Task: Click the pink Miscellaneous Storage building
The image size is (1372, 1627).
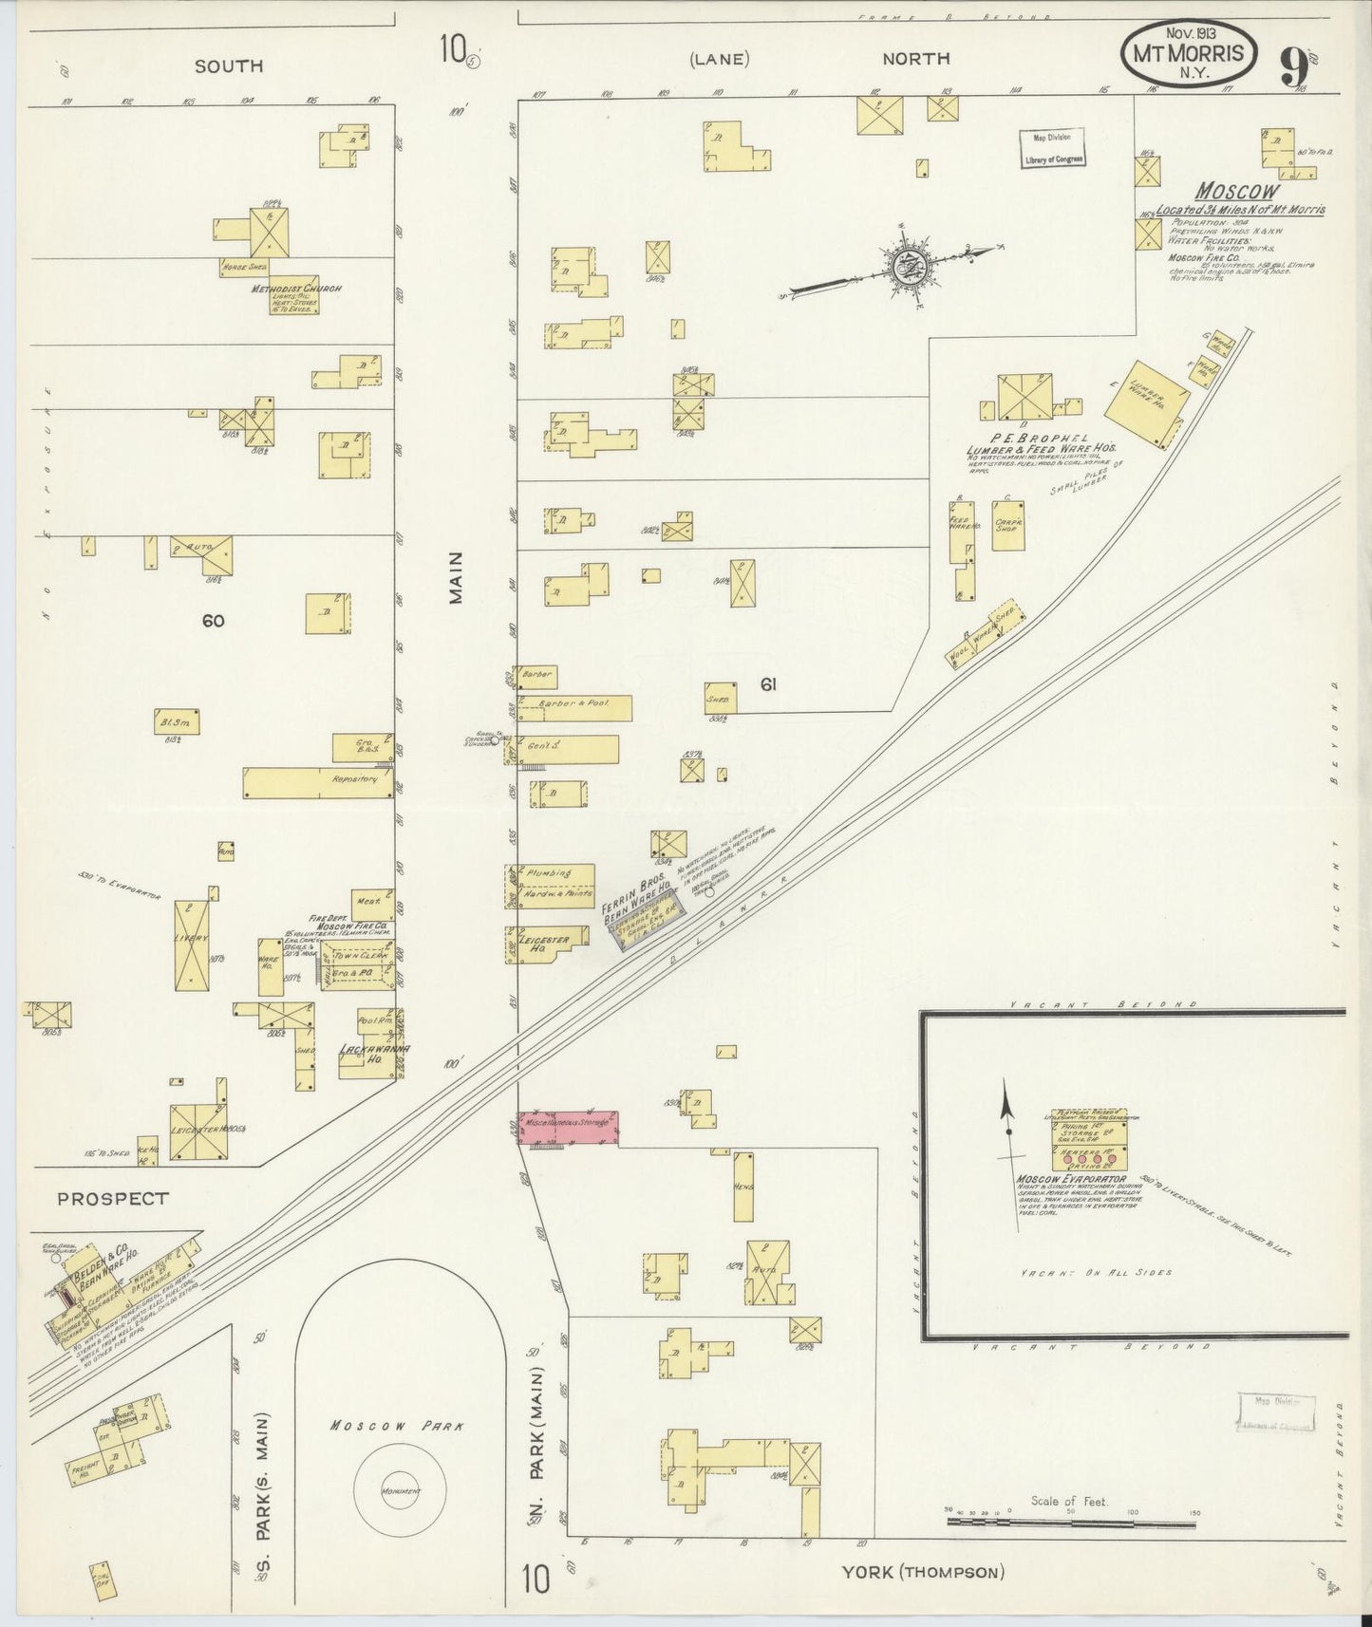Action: click(x=568, y=1128)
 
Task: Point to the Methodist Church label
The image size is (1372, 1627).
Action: click(x=295, y=289)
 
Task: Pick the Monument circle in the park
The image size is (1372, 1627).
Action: click(x=400, y=1490)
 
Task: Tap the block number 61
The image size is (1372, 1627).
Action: click(x=768, y=683)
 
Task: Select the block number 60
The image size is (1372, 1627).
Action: click(x=213, y=621)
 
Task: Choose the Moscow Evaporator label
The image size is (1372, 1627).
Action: click(x=1071, y=1180)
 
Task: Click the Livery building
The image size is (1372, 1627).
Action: click(x=192, y=942)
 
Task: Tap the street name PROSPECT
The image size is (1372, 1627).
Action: click(x=112, y=1199)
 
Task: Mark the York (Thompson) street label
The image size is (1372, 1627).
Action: click(x=922, y=1573)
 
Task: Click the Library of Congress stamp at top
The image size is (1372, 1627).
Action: click(x=1053, y=149)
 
